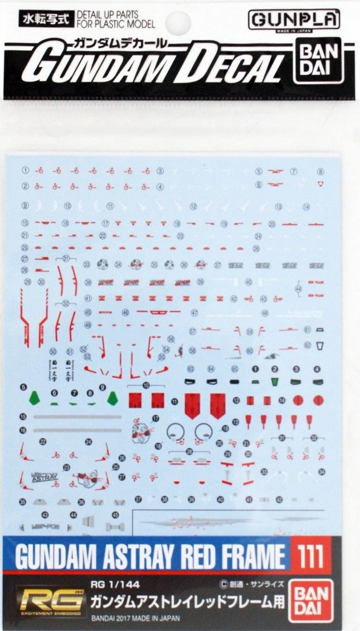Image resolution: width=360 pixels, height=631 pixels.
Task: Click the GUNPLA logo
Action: (294, 20)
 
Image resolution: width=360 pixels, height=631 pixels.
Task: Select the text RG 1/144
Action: (120, 584)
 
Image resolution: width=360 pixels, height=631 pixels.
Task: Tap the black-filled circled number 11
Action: (174, 402)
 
